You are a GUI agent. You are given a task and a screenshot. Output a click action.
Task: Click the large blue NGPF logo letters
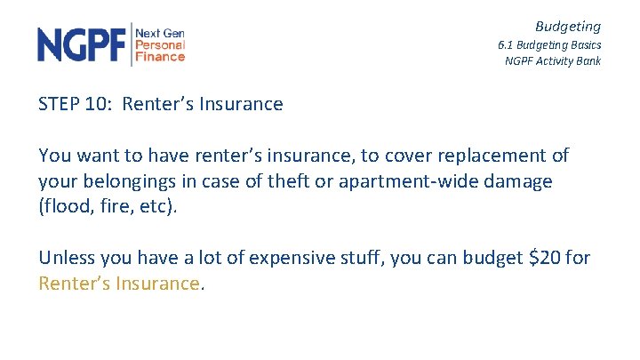click(82, 44)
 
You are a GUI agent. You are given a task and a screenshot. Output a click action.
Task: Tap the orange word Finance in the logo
click(160, 57)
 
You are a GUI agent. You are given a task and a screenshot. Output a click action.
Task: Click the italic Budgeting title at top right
click(567, 27)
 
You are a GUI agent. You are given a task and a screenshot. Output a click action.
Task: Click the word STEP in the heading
click(58, 104)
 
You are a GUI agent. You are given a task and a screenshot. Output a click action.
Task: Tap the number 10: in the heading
click(100, 104)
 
